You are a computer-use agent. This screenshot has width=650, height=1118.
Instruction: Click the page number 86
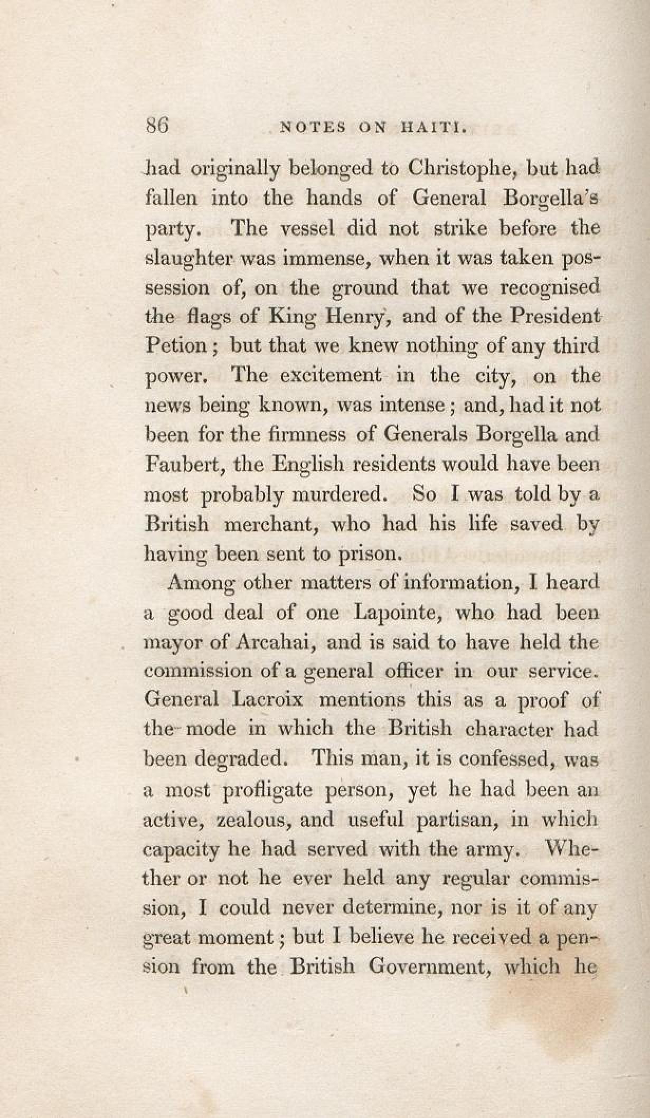coord(156,127)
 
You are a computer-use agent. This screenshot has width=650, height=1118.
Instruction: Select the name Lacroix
coord(268,700)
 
